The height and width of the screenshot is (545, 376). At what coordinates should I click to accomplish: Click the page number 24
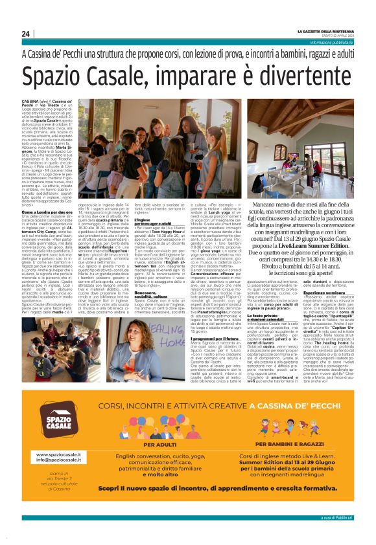(26, 34)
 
